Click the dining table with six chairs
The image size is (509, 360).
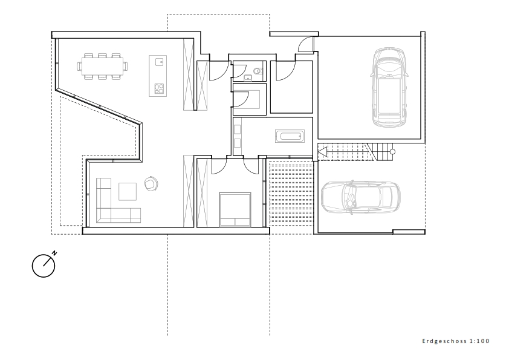(102, 67)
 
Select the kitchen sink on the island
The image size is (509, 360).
(159, 62)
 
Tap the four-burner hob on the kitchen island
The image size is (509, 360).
(159, 88)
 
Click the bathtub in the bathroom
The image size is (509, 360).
(290, 136)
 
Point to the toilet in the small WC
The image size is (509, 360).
(258, 71)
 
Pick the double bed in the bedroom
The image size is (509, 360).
(235, 209)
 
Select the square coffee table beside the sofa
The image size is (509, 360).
(128, 192)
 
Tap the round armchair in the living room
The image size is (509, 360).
(151, 183)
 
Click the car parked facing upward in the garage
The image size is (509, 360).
(389, 87)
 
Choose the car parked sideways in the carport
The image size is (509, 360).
(361, 197)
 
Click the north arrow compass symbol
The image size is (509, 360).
(44, 266)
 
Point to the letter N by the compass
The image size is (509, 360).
(54, 253)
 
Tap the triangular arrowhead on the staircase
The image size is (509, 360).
(322, 152)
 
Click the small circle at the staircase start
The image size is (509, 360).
(392, 152)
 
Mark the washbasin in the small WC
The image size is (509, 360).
(248, 77)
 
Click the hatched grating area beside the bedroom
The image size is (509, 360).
(291, 194)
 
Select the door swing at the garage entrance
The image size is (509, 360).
(305, 44)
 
